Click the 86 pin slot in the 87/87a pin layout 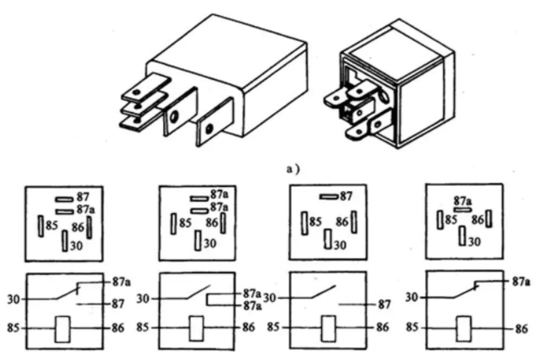[x=89, y=226]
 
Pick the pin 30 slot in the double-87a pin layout [x=197, y=241]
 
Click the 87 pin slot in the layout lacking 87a [x=327, y=197]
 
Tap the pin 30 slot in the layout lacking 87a [x=330, y=242]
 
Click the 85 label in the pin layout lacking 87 [x=451, y=220]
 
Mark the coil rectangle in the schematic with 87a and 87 [x=63, y=329]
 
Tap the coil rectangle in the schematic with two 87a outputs [x=197, y=329]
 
